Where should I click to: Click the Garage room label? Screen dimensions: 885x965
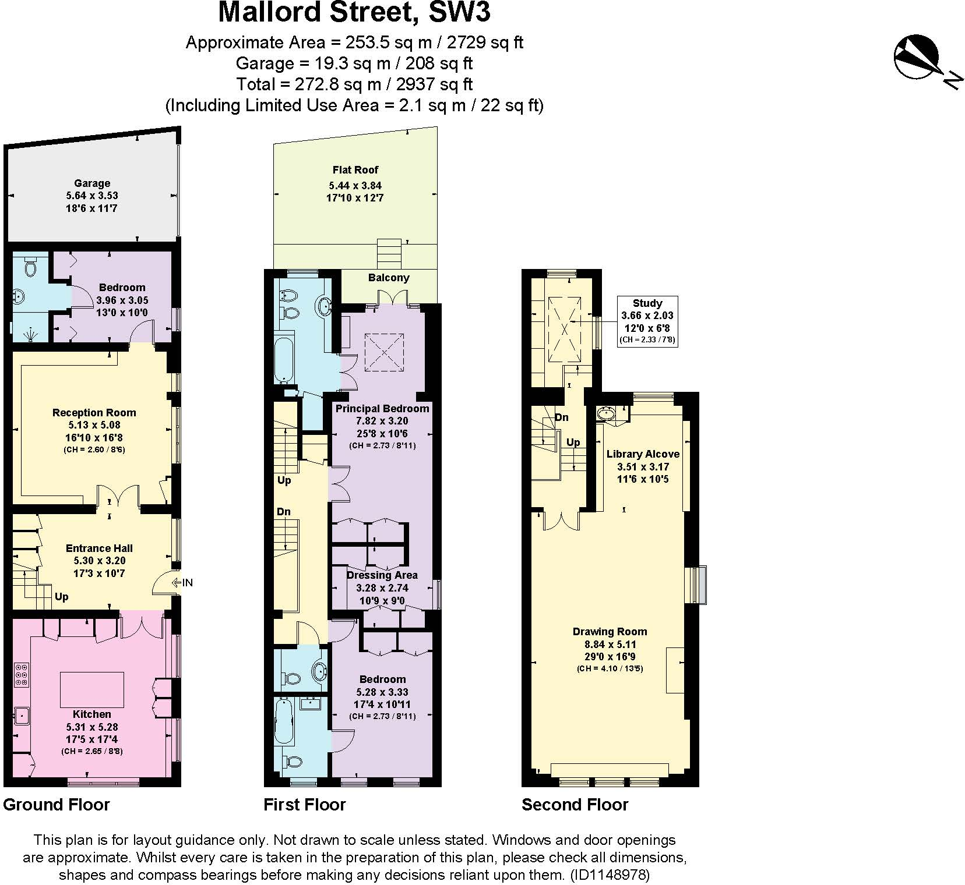[x=92, y=183]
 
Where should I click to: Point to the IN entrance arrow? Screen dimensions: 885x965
[x=182, y=582]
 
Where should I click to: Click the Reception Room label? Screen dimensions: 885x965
[x=94, y=413]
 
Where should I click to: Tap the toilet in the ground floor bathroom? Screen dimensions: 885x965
[x=30, y=267]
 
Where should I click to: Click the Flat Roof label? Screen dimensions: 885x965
[x=355, y=170]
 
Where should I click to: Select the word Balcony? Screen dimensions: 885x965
[x=389, y=278]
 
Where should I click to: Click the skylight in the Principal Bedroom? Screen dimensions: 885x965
[x=384, y=352]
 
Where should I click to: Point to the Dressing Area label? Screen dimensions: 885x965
[x=382, y=575]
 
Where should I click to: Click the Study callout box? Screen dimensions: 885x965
[x=647, y=321]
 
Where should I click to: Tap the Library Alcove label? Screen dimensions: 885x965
[x=643, y=454]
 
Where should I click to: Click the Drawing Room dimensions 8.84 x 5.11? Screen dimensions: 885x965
[x=610, y=644]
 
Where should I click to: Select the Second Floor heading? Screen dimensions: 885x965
[x=575, y=805]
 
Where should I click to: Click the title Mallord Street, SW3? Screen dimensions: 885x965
[x=354, y=13]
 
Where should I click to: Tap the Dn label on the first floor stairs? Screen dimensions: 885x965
[x=284, y=512]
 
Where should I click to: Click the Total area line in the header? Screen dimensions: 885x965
[x=354, y=84]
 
